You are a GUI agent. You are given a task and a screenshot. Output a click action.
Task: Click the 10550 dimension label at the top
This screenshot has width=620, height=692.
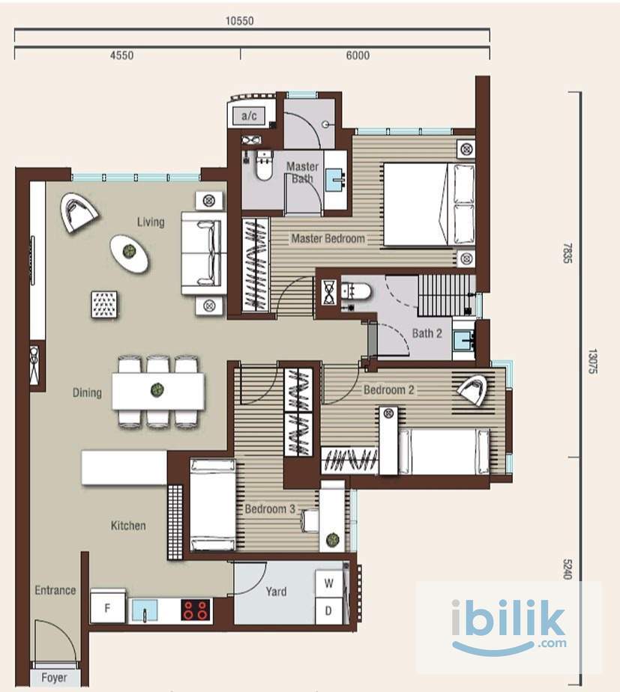point(239,21)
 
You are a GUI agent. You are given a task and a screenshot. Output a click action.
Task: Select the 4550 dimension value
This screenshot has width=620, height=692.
point(121,55)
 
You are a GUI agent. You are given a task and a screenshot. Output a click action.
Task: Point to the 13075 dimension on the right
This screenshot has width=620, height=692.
point(592,362)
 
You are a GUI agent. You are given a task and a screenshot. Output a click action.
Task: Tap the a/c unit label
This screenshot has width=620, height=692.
point(249,116)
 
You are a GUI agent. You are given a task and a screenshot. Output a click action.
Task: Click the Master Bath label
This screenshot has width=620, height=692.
point(302,172)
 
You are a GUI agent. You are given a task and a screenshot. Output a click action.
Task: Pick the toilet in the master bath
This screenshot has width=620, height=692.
point(264,166)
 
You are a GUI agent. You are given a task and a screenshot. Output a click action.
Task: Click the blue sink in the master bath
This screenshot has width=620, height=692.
point(335,180)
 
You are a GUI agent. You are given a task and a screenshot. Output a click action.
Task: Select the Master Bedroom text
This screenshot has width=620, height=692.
point(328,239)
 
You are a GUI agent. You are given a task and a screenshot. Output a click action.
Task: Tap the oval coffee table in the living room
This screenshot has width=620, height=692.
point(129,253)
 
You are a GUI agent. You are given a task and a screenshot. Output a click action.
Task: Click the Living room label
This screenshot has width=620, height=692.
point(151,222)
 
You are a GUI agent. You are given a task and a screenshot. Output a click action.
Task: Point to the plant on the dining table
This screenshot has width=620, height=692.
point(157,389)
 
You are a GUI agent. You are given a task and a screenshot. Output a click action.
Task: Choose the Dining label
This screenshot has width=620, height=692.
point(87,392)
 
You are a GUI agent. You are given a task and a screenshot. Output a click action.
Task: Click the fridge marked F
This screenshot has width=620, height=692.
point(107,608)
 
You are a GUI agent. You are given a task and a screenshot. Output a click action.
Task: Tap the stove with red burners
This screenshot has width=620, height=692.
point(196,610)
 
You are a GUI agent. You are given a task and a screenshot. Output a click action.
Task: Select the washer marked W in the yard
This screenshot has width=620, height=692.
point(329,583)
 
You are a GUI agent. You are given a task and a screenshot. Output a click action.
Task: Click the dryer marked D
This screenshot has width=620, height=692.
point(329,611)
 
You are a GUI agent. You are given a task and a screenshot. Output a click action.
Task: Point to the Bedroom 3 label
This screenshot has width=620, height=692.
point(270,509)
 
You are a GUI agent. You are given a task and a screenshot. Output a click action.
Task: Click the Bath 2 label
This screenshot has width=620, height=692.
point(427,333)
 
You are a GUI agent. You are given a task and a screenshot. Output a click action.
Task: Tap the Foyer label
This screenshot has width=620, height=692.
point(55,678)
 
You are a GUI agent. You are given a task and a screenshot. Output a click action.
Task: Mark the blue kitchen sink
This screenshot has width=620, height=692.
point(145,610)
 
